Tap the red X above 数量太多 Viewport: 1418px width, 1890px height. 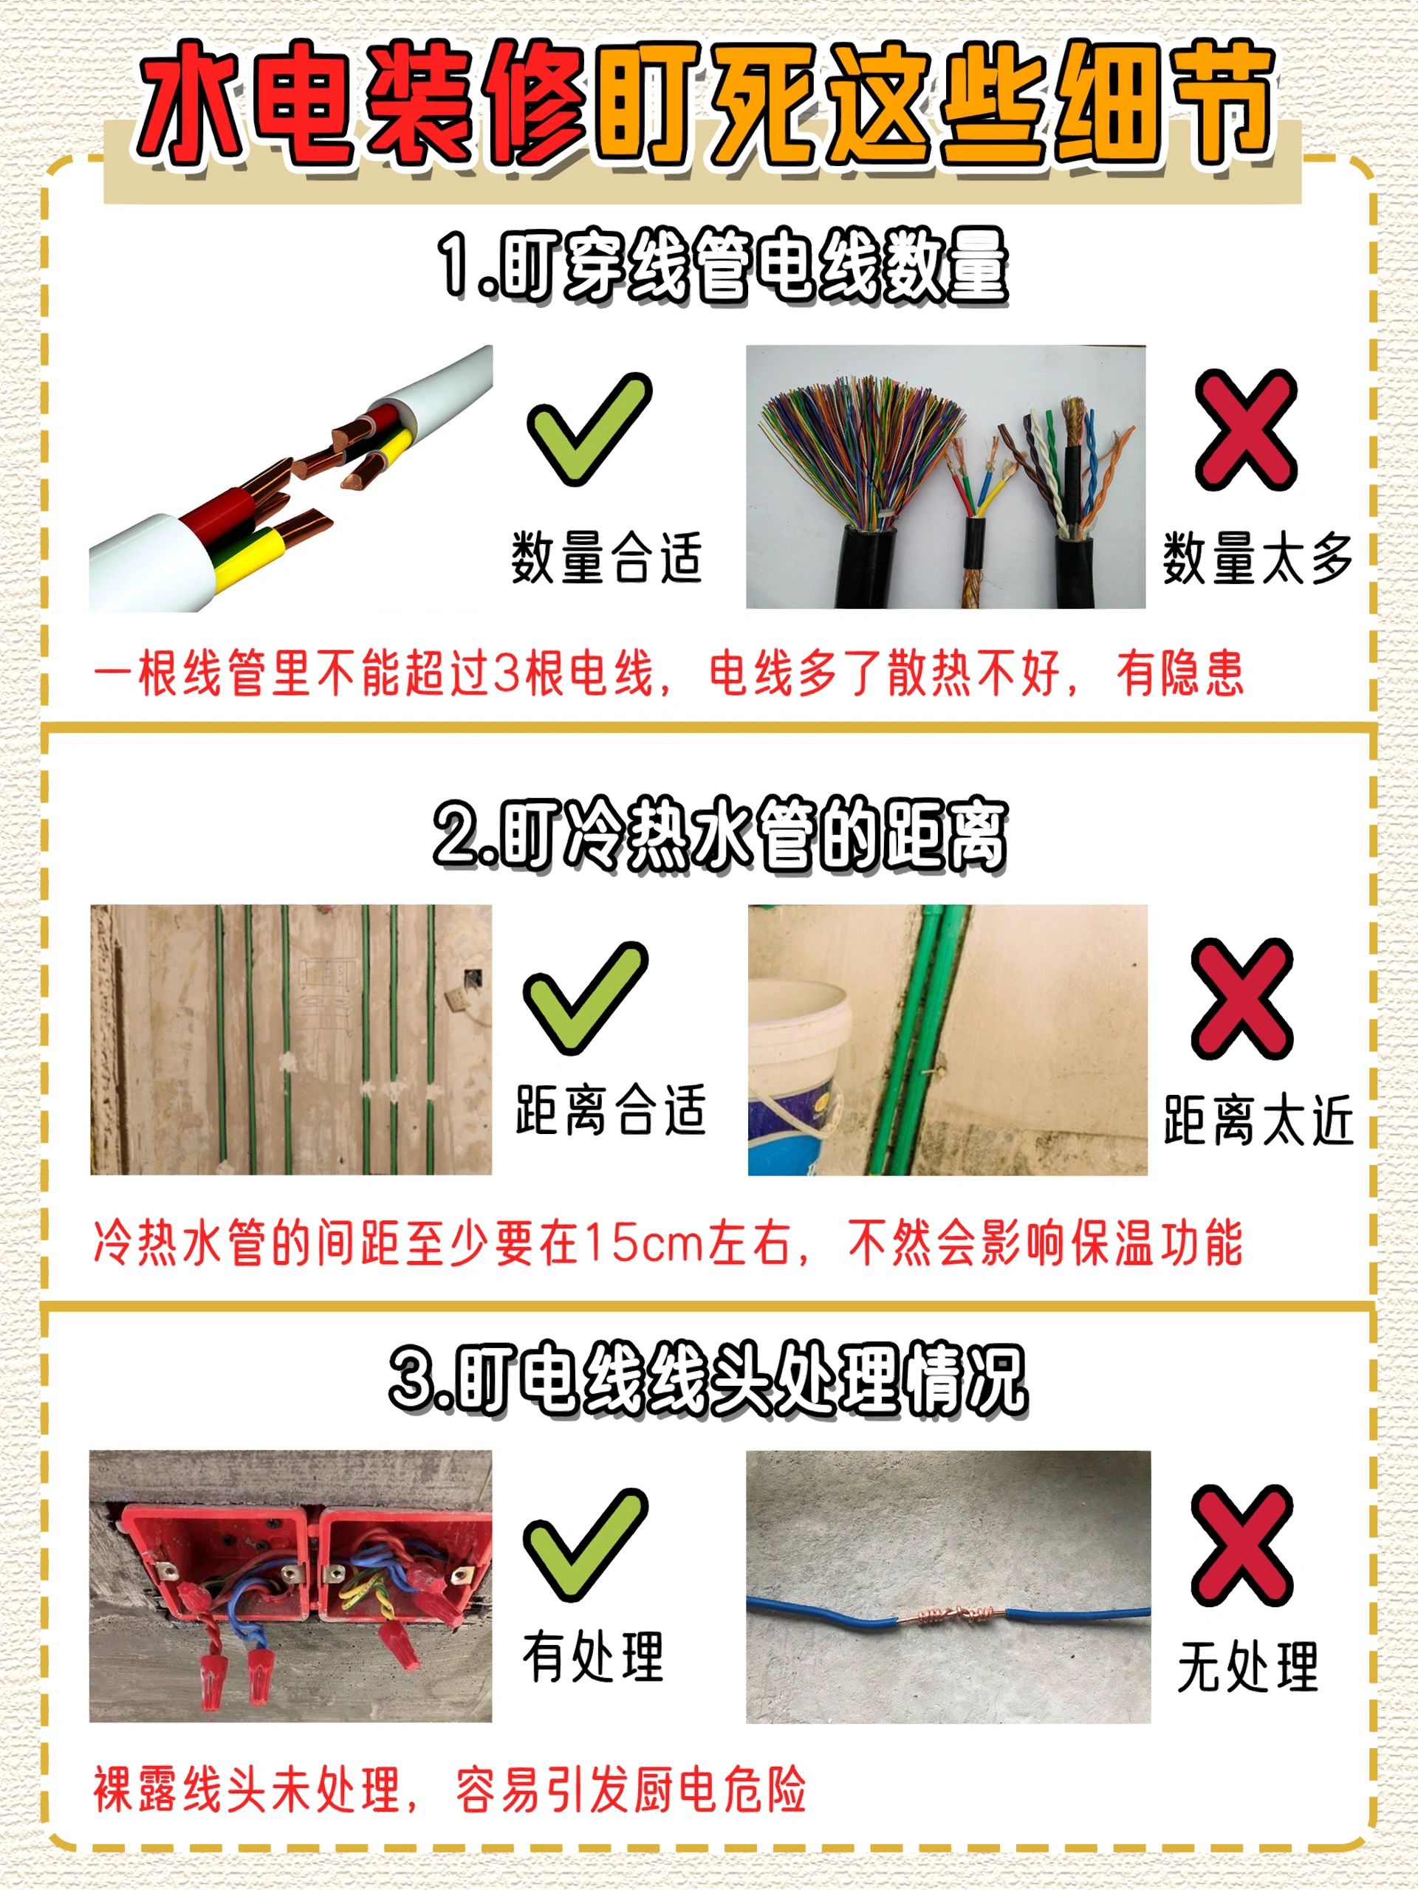pyautogui.click(x=1245, y=430)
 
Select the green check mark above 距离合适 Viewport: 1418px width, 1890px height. pyautogui.click(x=586, y=998)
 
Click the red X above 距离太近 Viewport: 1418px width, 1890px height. pyautogui.click(x=1242, y=999)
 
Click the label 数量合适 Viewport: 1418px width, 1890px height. pyautogui.click(x=606, y=557)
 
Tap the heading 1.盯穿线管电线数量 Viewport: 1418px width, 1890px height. pyautogui.click(x=723, y=267)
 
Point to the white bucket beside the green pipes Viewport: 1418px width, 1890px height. pyautogui.click(x=795, y=1076)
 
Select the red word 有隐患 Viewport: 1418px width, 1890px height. pyautogui.click(x=1179, y=673)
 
